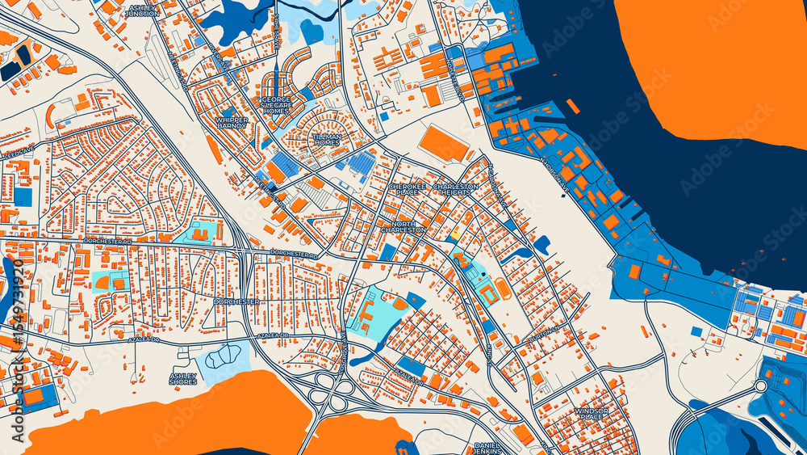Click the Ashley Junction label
click(x=144, y=11)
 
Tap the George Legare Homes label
click(x=275, y=105)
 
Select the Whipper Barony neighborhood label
click(x=232, y=123)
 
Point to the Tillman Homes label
click(x=326, y=141)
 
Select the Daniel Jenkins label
click(x=487, y=449)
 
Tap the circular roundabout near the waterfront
click(x=759, y=386)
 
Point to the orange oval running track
click(x=502, y=288)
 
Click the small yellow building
click(x=454, y=235)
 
